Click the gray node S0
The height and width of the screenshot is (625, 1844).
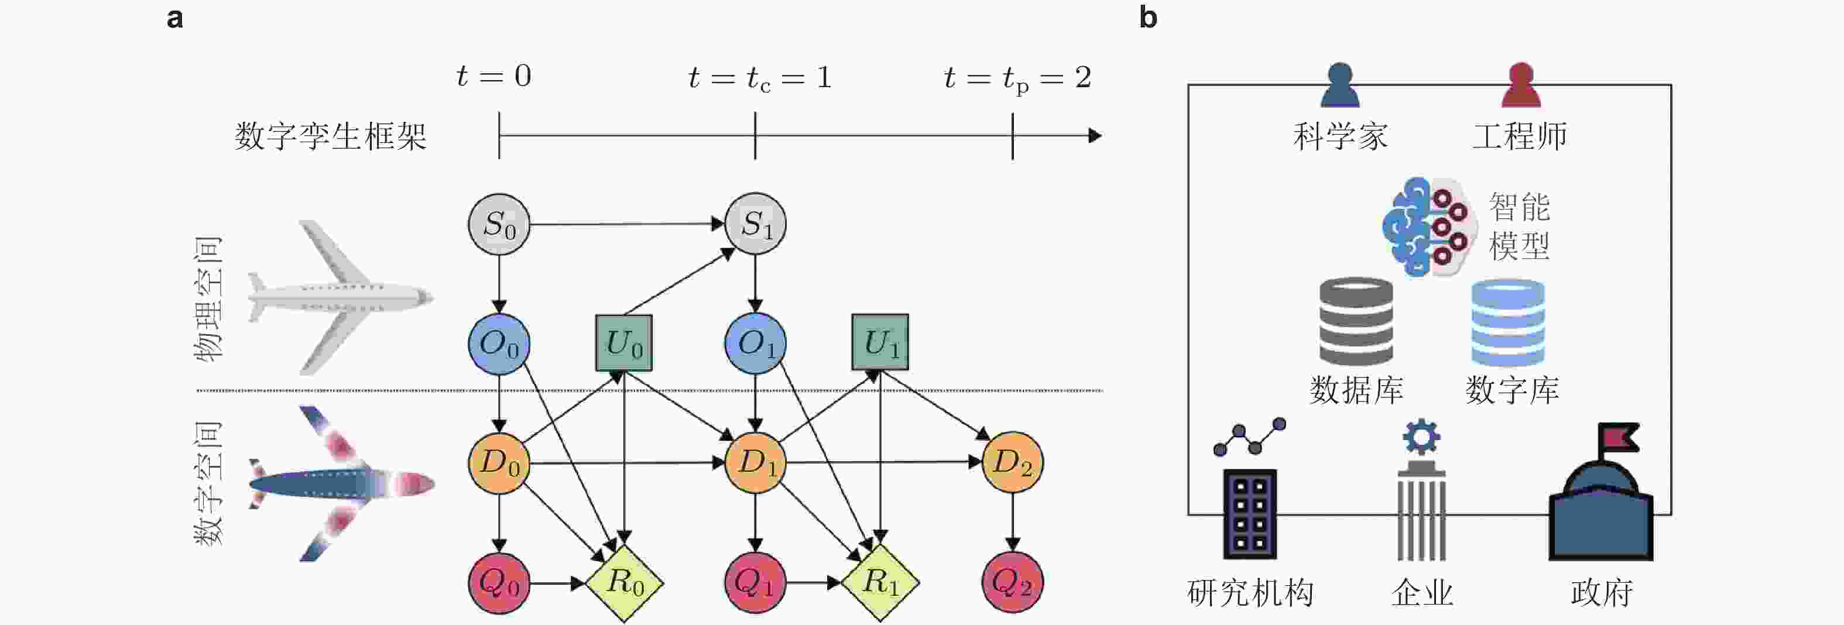(499, 224)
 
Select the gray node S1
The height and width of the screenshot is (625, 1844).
(755, 224)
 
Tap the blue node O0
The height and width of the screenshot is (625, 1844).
(499, 344)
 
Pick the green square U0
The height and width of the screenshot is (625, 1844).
(623, 343)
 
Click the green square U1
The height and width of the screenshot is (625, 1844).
(880, 342)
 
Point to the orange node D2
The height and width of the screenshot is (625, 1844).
(1012, 462)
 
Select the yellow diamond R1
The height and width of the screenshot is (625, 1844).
(880, 582)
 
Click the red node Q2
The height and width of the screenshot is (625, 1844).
(1012, 583)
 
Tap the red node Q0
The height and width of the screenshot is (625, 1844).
(499, 583)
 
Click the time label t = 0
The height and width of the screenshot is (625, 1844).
(494, 77)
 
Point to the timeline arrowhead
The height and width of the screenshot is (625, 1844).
(1095, 135)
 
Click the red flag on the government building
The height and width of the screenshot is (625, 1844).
(1619, 437)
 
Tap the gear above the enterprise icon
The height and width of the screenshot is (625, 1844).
(1421, 437)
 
